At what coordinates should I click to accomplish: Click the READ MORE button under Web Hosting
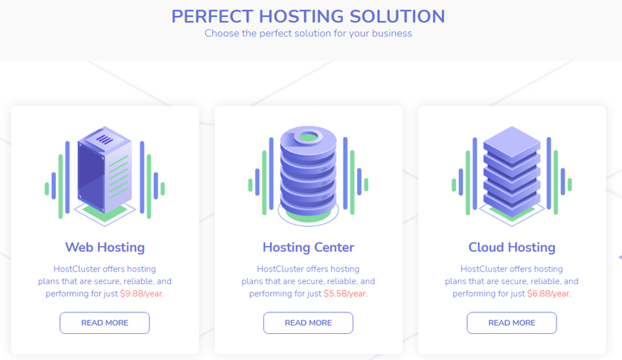pyautogui.click(x=105, y=323)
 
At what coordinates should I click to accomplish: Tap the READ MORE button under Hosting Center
pyautogui.click(x=308, y=323)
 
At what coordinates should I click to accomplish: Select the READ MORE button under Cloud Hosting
pyautogui.click(x=512, y=323)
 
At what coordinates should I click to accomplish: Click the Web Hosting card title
pyautogui.click(x=105, y=248)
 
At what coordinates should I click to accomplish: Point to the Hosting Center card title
pyautogui.click(x=308, y=248)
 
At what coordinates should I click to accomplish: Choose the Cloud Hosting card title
pyautogui.click(x=512, y=248)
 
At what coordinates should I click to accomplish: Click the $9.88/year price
pyautogui.click(x=141, y=294)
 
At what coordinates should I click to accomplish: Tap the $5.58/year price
pyautogui.click(x=344, y=294)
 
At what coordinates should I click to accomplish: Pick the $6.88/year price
pyautogui.click(x=548, y=294)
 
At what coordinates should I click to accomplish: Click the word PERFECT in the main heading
pyautogui.click(x=212, y=16)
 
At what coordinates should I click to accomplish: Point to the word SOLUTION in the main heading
pyautogui.click(x=397, y=16)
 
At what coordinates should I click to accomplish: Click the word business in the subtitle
pyautogui.click(x=391, y=33)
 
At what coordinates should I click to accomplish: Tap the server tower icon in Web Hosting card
pyautogui.click(x=105, y=171)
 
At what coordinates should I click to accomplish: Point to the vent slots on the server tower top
pyautogui.click(x=105, y=140)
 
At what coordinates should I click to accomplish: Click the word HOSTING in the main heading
pyautogui.click(x=301, y=16)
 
